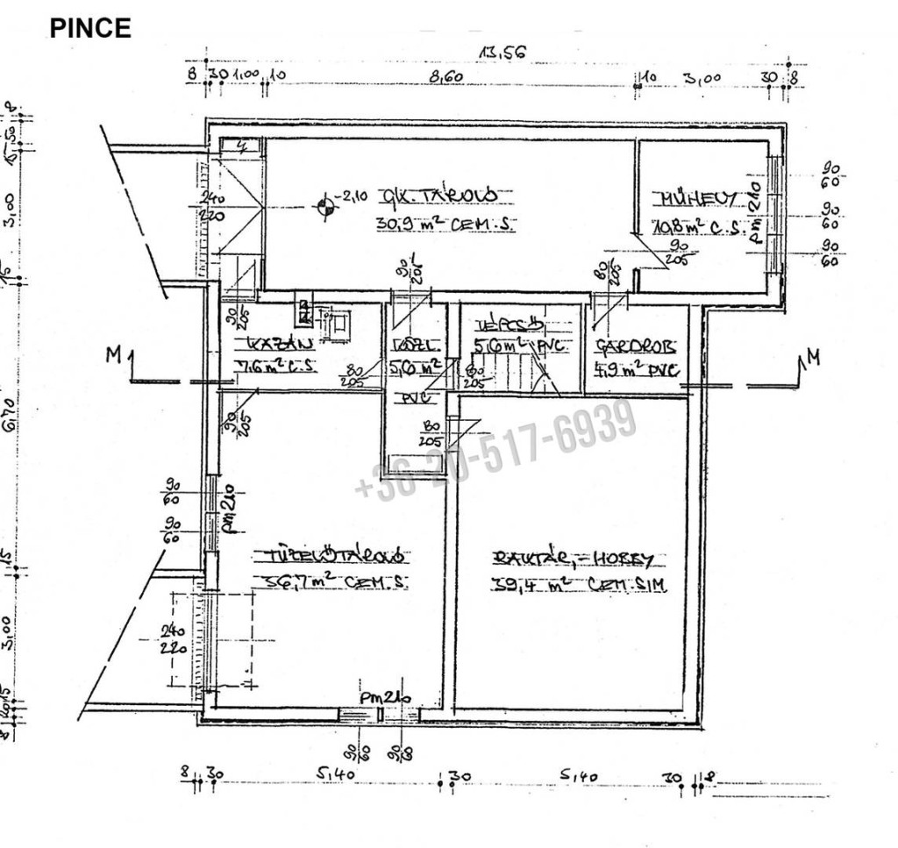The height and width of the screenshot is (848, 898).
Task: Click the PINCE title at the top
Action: pos(90,28)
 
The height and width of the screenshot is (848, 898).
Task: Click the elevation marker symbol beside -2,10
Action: pos(325,207)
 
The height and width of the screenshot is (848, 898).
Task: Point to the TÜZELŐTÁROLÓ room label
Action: pos(329,556)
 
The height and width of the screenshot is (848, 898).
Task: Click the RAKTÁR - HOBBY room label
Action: pos(574,558)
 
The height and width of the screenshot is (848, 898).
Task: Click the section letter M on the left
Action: pos(112,355)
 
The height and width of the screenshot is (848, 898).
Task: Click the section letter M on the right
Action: pos(815,357)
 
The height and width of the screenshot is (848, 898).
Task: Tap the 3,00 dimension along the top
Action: pos(702,78)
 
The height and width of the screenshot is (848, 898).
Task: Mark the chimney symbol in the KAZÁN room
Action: pos(304,311)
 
